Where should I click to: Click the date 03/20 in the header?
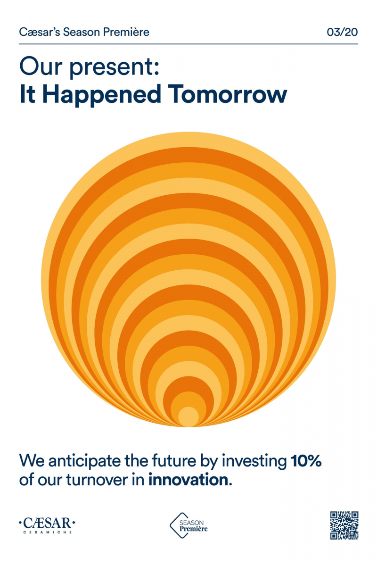click(342, 32)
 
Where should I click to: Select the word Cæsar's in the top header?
click(40, 32)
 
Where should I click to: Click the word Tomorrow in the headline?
click(227, 94)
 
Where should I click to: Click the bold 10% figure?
click(306, 461)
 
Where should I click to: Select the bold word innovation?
click(190, 480)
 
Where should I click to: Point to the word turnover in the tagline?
click(97, 480)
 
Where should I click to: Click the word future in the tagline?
click(174, 461)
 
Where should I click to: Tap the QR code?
click(344, 525)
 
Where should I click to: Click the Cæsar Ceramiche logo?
click(47, 525)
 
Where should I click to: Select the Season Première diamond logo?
click(188, 525)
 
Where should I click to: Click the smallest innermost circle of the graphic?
click(188, 416)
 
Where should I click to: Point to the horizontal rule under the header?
click(188, 44)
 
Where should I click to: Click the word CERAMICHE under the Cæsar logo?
click(48, 532)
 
